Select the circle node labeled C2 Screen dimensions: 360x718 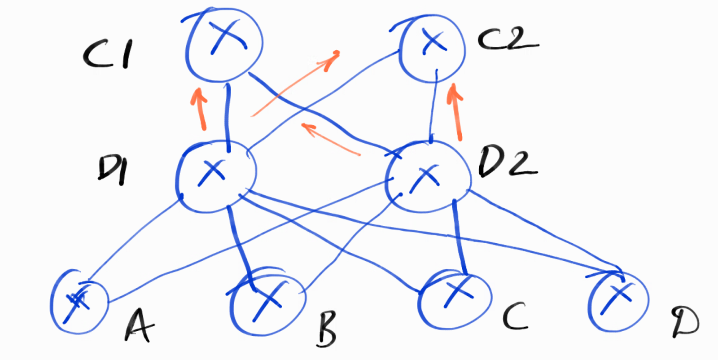tap(432, 48)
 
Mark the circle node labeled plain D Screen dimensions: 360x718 tap(618, 301)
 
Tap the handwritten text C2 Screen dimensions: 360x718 tap(507, 40)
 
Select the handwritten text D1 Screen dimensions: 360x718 tap(112, 171)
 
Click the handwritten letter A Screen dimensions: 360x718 tap(139, 325)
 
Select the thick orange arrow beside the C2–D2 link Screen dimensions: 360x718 tap(456, 112)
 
